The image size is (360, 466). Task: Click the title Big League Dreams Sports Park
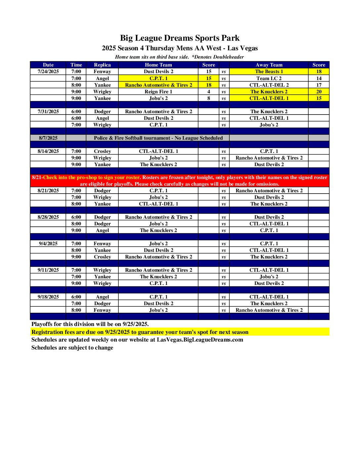pyautogui.click(x=180, y=38)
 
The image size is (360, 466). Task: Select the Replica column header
pyautogui.click(x=102, y=65)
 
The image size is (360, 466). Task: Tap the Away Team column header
pyautogui.click(x=269, y=65)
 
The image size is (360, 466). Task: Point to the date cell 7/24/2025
pyautogui.click(x=48, y=71)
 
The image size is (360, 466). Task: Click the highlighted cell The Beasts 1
pyautogui.click(x=269, y=71)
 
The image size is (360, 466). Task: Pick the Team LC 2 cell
pyautogui.click(x=269, y=78)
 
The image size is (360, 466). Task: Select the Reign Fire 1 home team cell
pyautogui.click(x=158, y=92)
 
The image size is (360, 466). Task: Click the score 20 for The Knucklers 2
pyautogui.click(x=319, y=92)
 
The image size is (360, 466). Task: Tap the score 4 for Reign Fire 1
pyautogui.click(x=208, y=92)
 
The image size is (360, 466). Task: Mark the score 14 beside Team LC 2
pyautogui.click(x=319, y=78)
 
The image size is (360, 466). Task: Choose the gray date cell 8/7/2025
pyautogui.click(x=48, y=138)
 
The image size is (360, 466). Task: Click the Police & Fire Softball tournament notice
pyautogui.click(x=158, y=138)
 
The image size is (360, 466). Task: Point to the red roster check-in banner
pyautogui.click(x=180, y=181)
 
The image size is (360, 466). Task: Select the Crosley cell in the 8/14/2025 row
pyautogui.click(x=102, y=151)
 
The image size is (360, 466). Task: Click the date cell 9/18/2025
pyautogui.click(x=48, y=297)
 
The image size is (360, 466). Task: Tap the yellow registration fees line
pyautogui.click(x=140, y=332)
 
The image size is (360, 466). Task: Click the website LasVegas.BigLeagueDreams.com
pyautogui.click(x=200, y=340)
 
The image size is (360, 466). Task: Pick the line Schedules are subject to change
pyautogui.click(x=72, y=348)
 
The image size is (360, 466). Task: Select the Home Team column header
pyautogui.click(x=158, y=65)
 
